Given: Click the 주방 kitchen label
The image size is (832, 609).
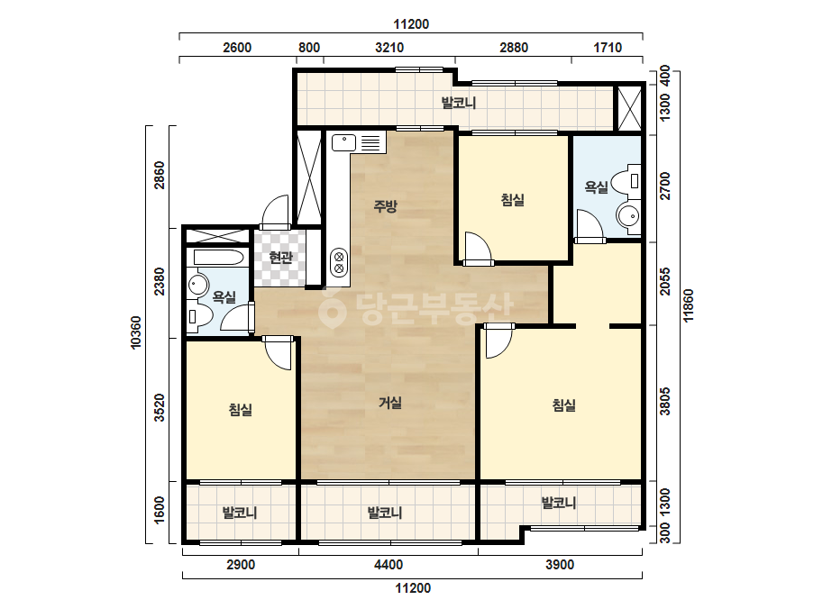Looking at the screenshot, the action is [x=385, y=205].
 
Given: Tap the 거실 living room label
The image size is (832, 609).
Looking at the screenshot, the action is [x=390, y=403].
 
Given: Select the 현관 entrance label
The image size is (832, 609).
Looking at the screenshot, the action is [x=280, y=258].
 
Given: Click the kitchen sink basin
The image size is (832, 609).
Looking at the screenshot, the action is [x=343, y=142].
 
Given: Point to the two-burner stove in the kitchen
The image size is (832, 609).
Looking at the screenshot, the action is [x=339, y=262].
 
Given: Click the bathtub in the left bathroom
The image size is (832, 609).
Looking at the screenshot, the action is [x=219, y=258].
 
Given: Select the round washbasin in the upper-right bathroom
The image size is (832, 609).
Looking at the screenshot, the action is [x=629, y=216].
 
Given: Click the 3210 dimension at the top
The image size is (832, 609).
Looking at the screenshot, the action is [x=389, y=48].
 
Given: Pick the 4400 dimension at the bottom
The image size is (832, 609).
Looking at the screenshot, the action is [x=389, y=565].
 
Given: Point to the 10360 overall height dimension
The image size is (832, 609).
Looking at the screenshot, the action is [x=136, y=332].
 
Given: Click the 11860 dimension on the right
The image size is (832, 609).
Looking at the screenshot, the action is [x=688, y=305].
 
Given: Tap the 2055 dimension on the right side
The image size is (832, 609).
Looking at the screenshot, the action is [x=665, y=281].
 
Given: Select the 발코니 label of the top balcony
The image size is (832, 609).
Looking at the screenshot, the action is [x=459, y=102].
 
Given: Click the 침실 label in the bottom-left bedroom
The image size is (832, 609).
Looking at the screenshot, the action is [x=241, y=409].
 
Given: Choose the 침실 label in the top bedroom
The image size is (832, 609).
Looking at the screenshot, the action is [x=513, y=199].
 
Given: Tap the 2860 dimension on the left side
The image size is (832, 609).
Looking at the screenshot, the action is [x=160, y=175].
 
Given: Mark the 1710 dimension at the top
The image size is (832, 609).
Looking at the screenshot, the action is [x=607, y=48].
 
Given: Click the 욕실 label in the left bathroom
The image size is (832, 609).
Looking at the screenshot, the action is [x=224, y=296].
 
